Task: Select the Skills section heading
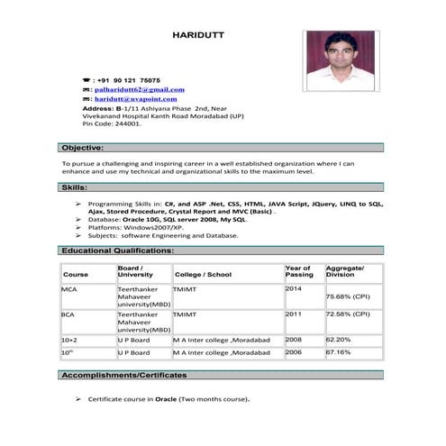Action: click(74, 187)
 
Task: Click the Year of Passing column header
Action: click(298, 271)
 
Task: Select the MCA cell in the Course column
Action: click(69, 289)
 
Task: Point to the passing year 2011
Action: click(294, 315)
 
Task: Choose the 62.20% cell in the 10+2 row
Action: click(339, 340)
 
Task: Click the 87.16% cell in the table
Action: click(339, 352)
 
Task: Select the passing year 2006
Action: click(294, 352)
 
